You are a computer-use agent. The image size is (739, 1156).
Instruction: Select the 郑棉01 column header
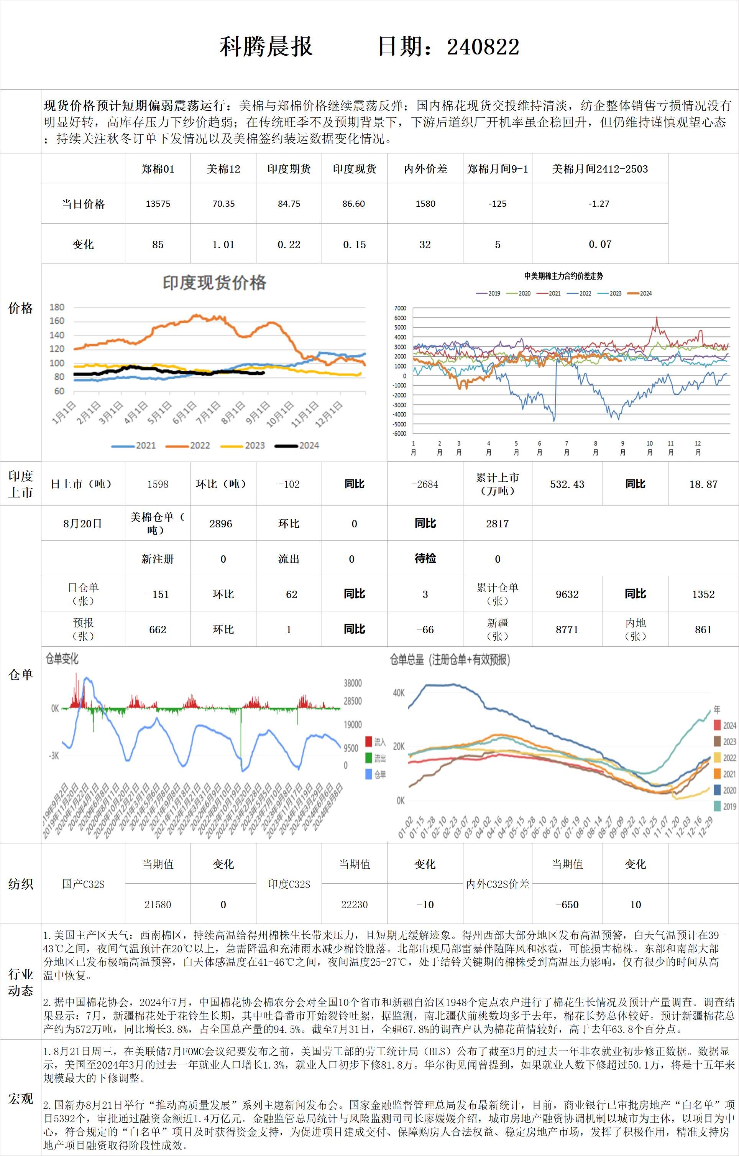158,169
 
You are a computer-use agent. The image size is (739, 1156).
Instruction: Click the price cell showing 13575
158,204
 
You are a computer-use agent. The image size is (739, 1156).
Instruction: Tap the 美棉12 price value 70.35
223,204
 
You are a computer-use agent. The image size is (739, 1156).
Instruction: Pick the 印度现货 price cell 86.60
354,204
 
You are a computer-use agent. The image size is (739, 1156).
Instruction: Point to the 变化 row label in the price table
83,244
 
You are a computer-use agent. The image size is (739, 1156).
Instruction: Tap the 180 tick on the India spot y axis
57,307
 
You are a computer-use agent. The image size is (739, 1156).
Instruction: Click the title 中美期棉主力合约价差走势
563,276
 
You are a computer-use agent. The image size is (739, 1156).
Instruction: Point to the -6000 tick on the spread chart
399,433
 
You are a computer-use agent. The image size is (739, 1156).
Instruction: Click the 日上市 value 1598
158,484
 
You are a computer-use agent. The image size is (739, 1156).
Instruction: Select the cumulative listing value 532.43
567,484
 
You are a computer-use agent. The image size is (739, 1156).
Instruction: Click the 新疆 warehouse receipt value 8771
567,629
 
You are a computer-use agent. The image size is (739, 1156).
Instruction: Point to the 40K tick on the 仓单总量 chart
399,693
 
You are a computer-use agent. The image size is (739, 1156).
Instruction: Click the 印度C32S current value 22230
354,904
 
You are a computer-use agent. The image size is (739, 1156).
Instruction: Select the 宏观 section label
21,1098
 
